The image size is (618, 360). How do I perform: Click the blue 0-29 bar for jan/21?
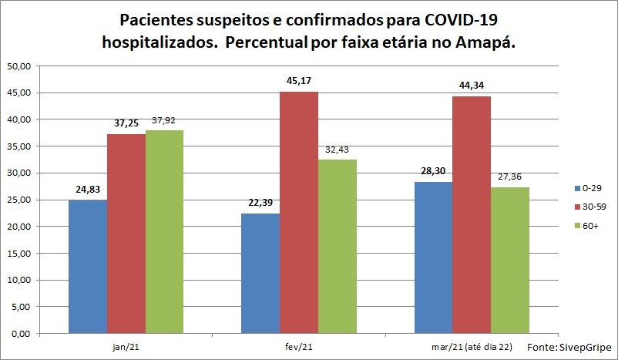[x=88, y=267]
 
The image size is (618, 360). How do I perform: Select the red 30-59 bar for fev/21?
[x=299, y=213]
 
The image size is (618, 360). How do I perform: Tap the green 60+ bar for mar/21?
[x=510, y=261]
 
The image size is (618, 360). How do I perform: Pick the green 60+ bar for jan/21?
[x=164, y=232]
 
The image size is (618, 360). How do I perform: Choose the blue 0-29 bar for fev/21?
[x=260, y=274]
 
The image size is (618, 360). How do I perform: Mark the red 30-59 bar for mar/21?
[x=472, y=215]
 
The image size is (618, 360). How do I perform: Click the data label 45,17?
[x=299, y=81]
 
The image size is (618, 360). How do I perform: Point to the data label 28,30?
[x=433, y=170]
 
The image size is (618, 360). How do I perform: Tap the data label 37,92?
[x=163, y=120]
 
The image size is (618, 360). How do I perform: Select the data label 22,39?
[x=260, y=203]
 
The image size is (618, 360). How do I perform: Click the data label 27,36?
[x=509, y=177]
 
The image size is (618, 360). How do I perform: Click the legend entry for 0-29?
[x=588, y=188]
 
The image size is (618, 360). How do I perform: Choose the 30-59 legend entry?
[x=590, y=207]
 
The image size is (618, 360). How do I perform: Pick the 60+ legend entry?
[x=586, y=226]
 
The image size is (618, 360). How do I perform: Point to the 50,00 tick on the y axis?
[x=19, y=66]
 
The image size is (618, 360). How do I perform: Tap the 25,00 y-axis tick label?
[x=19, y=200]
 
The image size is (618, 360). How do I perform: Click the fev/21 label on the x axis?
[x=299, y=347]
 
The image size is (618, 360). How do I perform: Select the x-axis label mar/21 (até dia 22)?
[x=472, y=347]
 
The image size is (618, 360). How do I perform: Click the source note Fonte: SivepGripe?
[x=569, y=348]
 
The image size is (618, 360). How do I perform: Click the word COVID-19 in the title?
[x=461, y=20]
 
